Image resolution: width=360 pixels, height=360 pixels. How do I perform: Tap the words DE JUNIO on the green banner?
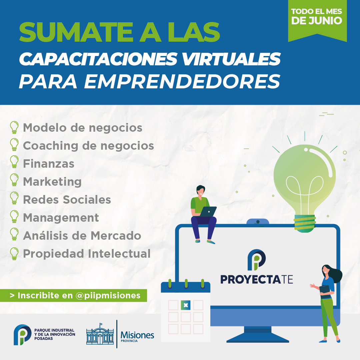[x=317, y=20]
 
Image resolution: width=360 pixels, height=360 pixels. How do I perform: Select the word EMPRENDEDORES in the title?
[x=182, y=82]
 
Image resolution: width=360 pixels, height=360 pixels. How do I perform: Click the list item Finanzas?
[x=49, y=164]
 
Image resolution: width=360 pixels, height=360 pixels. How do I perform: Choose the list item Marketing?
[x=52, y=182]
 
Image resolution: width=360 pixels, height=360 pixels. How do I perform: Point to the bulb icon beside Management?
[x=14, y=216]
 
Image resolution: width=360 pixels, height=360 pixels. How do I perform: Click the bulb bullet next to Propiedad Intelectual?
[x=14, y=253]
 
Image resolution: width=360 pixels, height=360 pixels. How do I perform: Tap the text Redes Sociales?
[x=67, y=200]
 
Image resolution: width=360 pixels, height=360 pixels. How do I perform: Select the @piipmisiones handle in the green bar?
[x=108, y=295]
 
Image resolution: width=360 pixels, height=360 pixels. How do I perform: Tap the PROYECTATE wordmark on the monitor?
[x=257, y=279]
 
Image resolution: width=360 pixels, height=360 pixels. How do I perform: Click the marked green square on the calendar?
[x=186, y=305]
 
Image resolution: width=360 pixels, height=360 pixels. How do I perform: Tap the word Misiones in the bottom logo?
[x=137, y=335]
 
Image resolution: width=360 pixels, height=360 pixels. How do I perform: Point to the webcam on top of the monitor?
[x=258, y=222]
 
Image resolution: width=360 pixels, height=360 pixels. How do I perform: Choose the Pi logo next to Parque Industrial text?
[x=22, y=335]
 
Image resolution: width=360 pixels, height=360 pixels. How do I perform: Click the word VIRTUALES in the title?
[x=231, y=59]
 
